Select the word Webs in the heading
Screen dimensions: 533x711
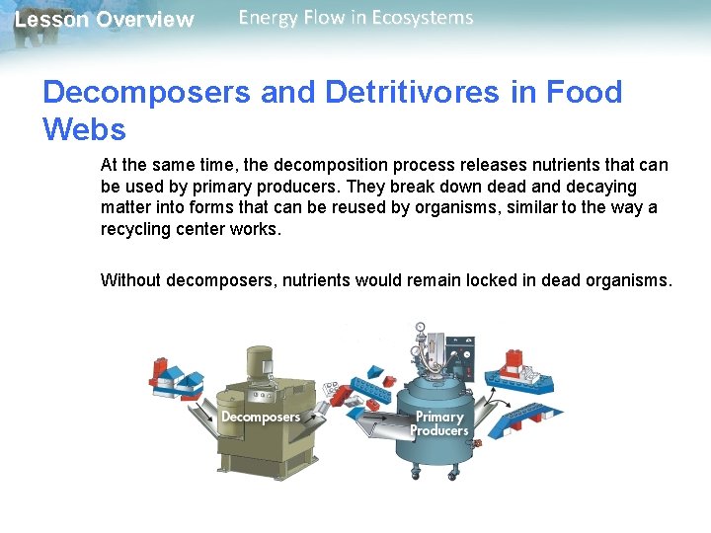(84, 129)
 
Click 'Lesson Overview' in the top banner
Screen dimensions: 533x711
(104, 20)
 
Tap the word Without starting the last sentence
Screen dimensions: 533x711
(131, 280)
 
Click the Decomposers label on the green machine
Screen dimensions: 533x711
(260, 417)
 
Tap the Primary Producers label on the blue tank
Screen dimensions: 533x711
(439, 423)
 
